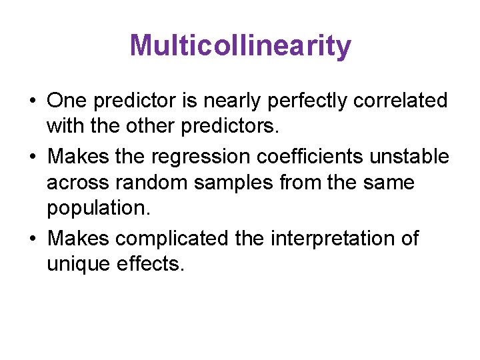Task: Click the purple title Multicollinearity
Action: point(240,46)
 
